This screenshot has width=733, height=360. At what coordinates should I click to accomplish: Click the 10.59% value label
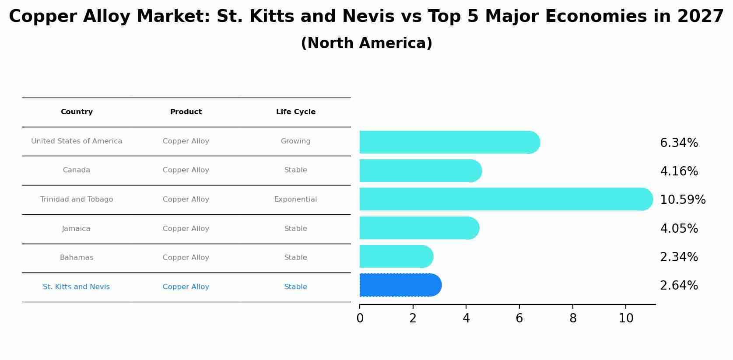[x=682, y=200]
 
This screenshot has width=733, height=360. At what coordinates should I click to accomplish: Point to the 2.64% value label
[x=679, y=286]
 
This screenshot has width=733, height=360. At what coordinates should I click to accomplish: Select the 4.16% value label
[x=679, y=171]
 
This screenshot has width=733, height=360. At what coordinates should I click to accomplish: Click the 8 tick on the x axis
[x=572, y=318]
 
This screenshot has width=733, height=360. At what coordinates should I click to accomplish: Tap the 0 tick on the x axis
[x=360, y=318]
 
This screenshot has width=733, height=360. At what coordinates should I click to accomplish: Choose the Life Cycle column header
[x=295, y=112]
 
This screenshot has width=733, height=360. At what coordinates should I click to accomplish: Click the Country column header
[x=77, y=112]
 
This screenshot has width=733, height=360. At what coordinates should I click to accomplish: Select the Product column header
[x=186, y=112]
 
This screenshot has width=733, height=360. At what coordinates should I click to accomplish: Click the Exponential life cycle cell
[x=295, y=199]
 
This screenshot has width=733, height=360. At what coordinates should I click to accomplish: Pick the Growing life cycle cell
[x=295, y=141]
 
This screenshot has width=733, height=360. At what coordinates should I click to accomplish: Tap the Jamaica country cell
[x=76, y=229]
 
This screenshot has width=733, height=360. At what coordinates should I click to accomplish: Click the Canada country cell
[x=76, y=170]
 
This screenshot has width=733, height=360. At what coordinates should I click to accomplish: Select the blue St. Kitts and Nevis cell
[x=76, y=287]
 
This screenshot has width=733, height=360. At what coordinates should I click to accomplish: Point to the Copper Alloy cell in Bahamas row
[x=186, y=258]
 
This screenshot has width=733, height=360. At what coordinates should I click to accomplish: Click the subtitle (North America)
[x=366, y=43]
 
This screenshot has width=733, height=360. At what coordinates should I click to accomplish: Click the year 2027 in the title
[x=700, y=17]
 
